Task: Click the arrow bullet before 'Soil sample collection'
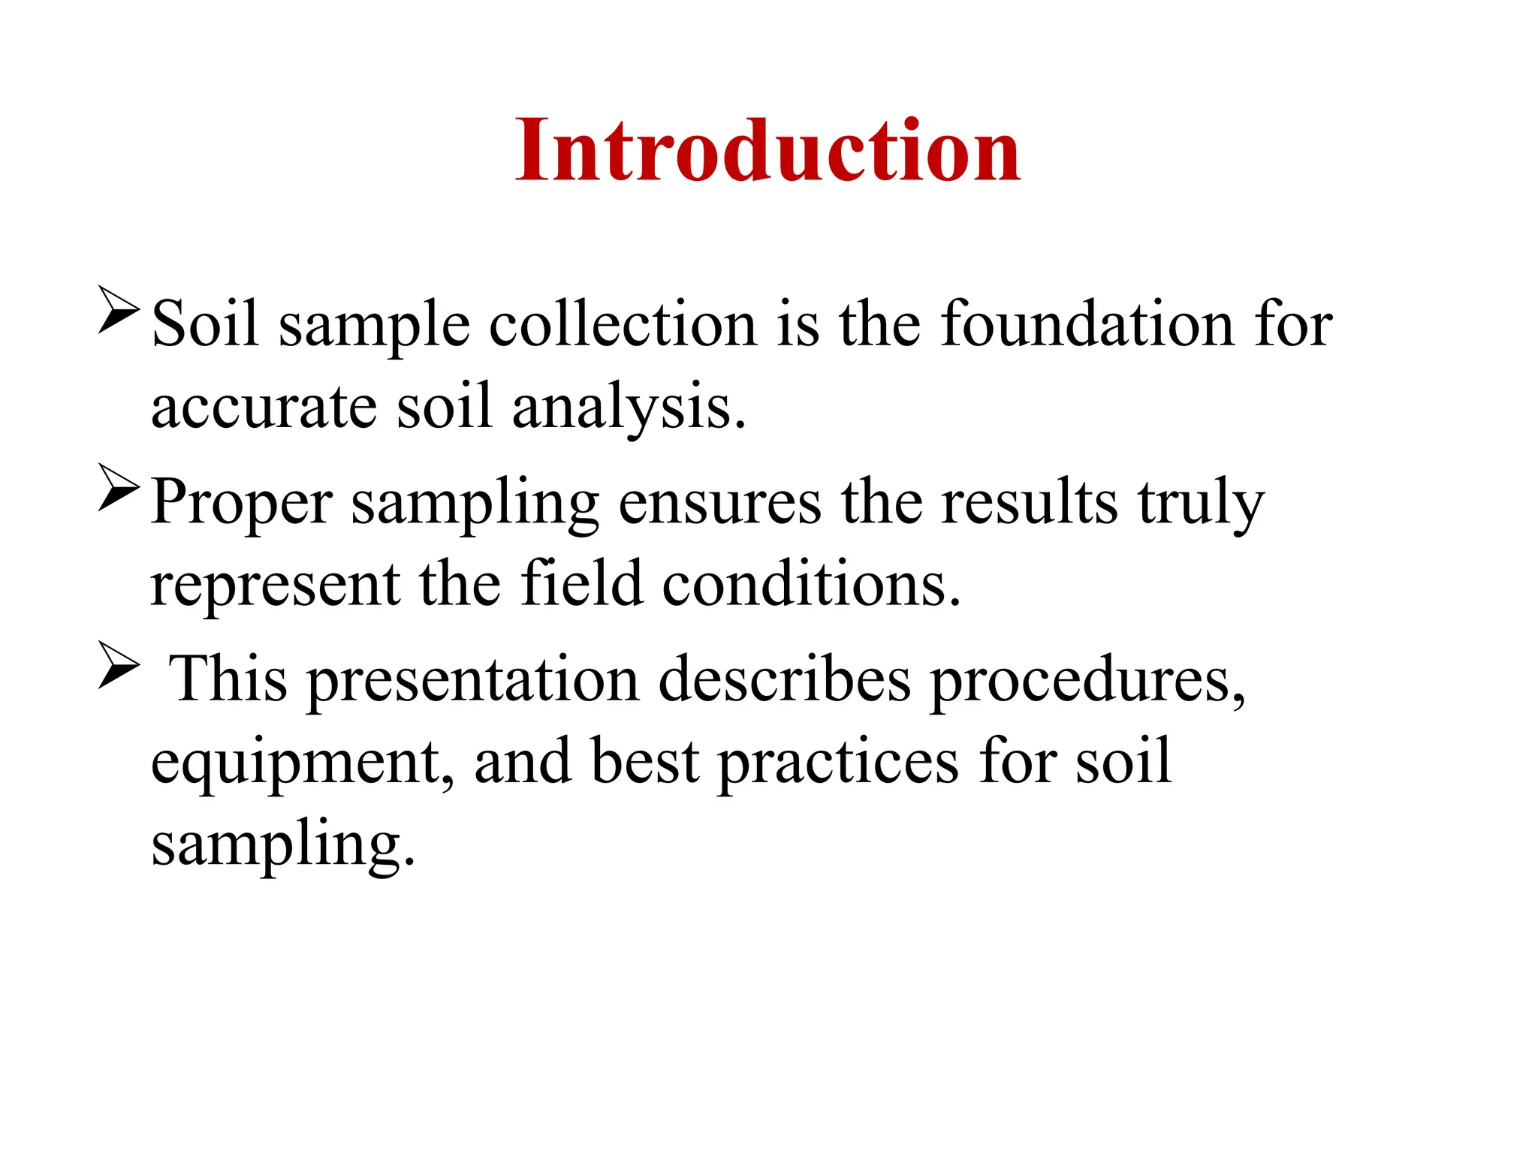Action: tap(119, 309)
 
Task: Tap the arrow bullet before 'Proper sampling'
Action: tap(119, 489)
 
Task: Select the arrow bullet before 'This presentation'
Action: tap(119, 664)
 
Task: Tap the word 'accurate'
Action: tap(264, 406)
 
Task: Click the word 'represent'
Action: tap(275, 585)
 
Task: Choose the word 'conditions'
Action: tap(810, 585)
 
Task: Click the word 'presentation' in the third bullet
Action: tap(473, 680)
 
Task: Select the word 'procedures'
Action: tap(1087, 680)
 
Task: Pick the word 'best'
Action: tap(645, 761)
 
